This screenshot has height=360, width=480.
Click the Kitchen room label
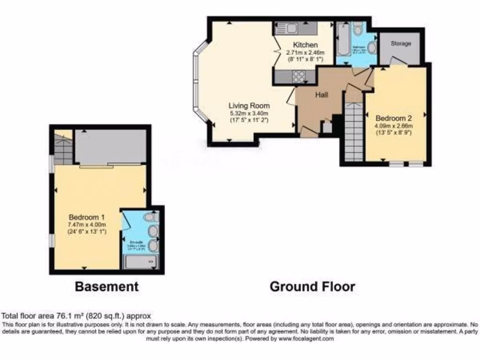[x=306, y=45]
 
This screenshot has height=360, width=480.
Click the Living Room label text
[x=248, y=105]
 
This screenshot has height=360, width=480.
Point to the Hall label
[x=322, y=95]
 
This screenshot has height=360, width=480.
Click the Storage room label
[x=401, y=44]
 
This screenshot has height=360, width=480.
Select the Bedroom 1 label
[x=87, y=217]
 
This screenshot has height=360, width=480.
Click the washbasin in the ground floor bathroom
[x=371, y=47]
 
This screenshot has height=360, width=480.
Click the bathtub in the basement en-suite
[x=140, y=262]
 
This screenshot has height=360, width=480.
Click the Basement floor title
[x=107, y=286]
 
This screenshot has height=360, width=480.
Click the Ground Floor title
[x=312, y=286]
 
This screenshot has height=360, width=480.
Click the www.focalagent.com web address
[x=307, y=338]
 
